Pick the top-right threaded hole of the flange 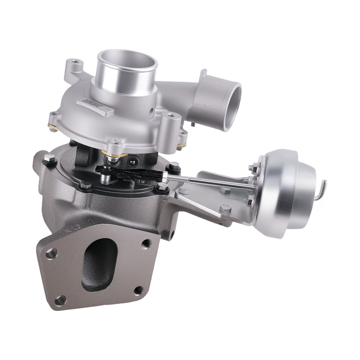(x=145, y=243)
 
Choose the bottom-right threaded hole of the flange (x=138, y=290)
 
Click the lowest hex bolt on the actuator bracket (x=225, y=208)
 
